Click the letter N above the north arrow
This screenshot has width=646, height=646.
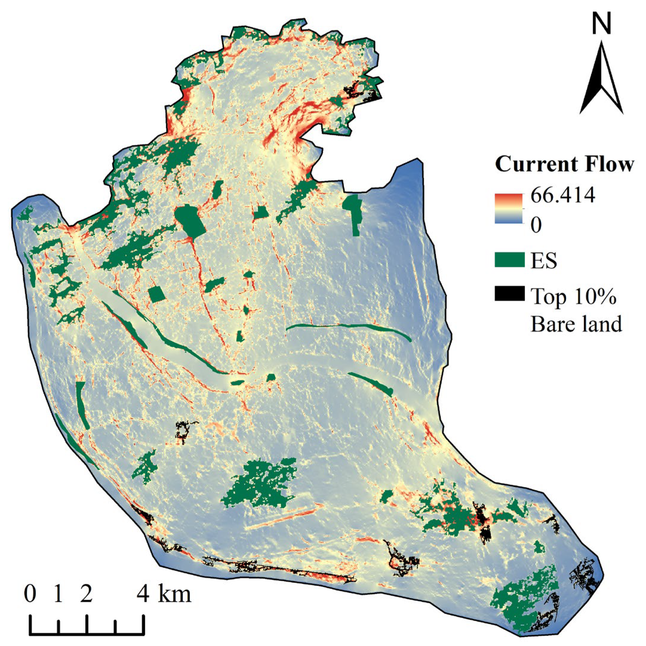coord(601,23)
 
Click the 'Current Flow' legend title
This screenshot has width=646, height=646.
coord(564,164)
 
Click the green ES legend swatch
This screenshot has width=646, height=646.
coord(509,260)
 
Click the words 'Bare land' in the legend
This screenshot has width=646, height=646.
coord(576,324)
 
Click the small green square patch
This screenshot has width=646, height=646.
coord(156,294)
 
